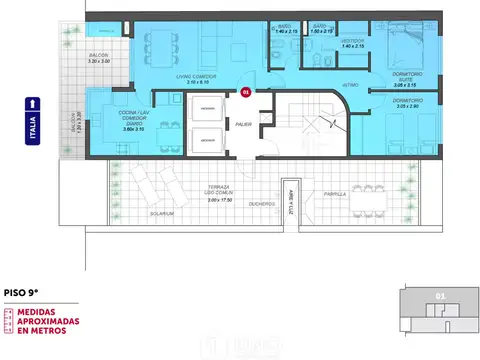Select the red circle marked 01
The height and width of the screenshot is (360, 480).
click(x=245, y=92)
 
